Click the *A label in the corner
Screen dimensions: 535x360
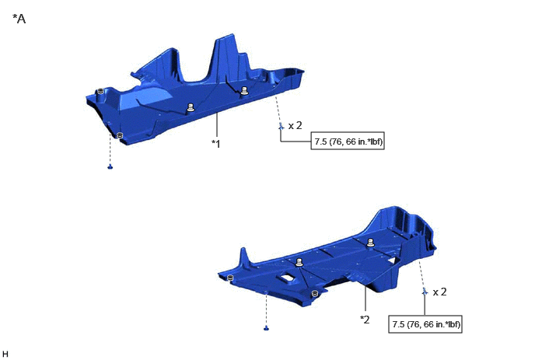[19, 19]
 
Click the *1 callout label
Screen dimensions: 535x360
[216, 144]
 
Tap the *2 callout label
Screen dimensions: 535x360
[365, 320]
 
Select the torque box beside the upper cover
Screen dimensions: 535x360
[348, 141]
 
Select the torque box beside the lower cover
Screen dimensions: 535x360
[425, 323]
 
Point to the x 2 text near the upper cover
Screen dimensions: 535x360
[295, 126]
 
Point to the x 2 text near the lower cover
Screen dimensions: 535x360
[440, 292]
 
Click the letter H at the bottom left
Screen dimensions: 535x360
[5, 354]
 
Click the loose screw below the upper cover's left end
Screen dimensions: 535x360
[110, 166]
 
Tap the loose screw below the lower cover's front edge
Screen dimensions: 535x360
[267, 328]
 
